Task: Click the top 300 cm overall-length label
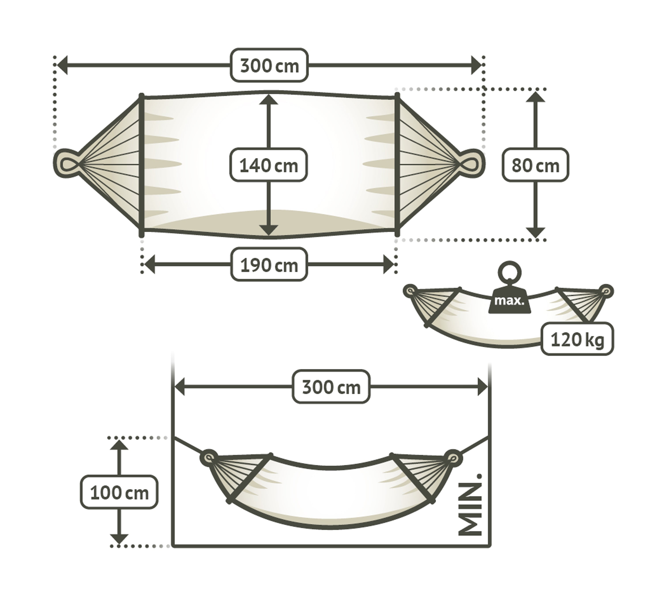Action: coord(269,65)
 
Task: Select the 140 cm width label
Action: coord(269,165)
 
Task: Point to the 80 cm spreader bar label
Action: coord(535,165)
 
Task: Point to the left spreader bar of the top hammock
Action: coord(141,165)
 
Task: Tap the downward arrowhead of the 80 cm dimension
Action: coord(535,233)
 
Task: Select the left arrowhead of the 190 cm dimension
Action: coord(150,265)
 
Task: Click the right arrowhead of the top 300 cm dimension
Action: coord(476,65)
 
